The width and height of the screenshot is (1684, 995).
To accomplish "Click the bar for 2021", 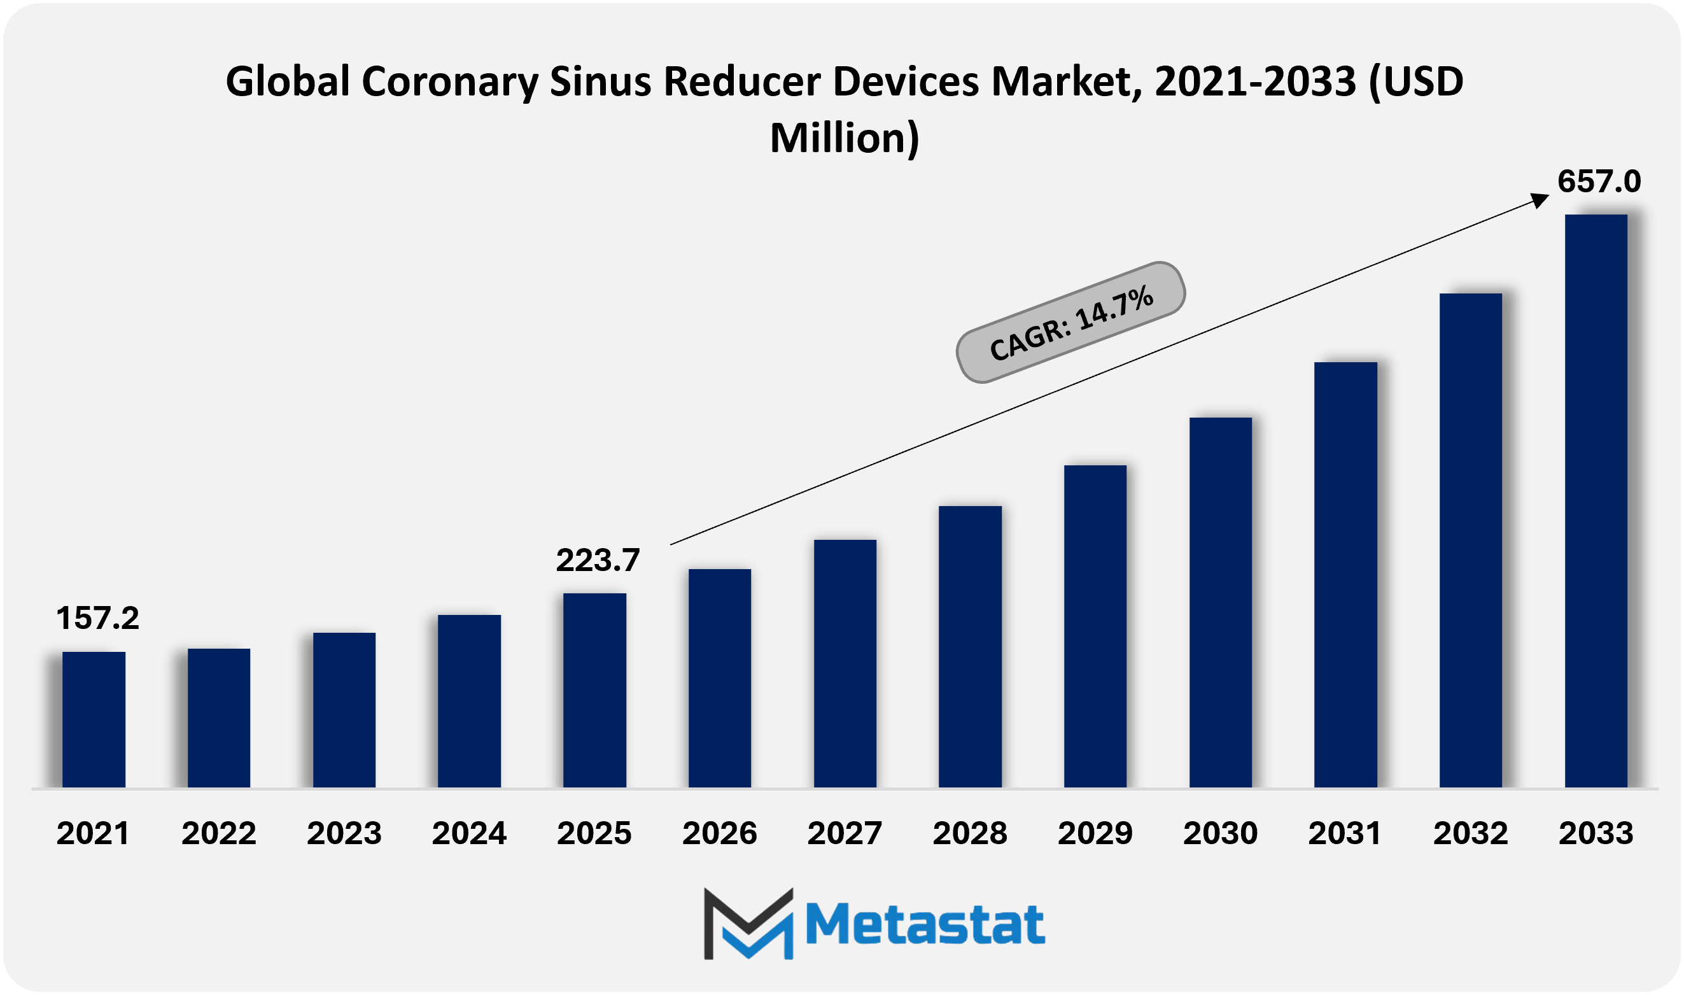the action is [x=94, y=719].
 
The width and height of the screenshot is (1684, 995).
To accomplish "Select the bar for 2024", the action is [x=469, y=702].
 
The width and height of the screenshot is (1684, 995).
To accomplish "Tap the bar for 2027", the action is [x=845, y=664].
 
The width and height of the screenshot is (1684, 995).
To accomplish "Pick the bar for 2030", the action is [x=1220, y=603].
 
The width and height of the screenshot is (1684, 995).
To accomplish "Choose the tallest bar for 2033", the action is [x=1596, y=501].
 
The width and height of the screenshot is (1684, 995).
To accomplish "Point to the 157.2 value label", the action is [x=98, y=618].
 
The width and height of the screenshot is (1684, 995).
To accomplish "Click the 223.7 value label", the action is [x=598, y=560].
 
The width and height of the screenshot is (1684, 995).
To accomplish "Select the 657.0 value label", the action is [x=1599, y=181].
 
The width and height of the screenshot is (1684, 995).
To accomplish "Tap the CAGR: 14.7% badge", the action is [x=1070, y=323].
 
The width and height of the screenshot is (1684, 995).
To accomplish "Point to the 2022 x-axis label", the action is [x=218, y=833].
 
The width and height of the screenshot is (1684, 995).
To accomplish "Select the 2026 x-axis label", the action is [x=719, y=833].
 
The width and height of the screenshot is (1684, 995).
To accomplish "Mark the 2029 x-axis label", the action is [x=1095, y=833].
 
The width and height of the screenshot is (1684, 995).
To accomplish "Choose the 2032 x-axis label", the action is [x=1470, y=833].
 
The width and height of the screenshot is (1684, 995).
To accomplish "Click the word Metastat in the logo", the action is [x=925, y=924].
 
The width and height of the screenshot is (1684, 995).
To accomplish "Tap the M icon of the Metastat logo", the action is [x=748, y=923].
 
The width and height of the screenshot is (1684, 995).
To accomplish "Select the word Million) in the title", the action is [x=845, y=138].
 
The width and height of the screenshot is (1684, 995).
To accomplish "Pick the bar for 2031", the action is [x=1345, y=575].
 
